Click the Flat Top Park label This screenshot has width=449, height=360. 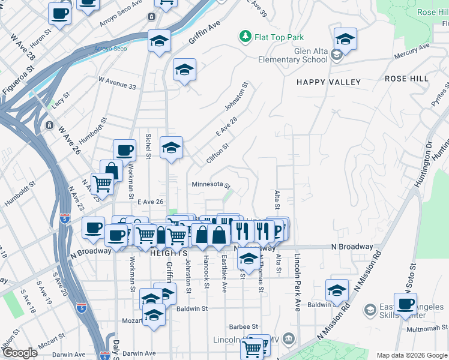coord(279,37)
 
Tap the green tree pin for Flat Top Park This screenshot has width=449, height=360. coord(245,37)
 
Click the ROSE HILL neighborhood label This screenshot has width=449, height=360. coord(406,79)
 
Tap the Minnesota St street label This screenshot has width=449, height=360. coord(211,184)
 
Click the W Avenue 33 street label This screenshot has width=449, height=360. coord(116,83)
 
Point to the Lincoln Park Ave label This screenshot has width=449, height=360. coord(297,282)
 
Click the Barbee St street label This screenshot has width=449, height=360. coord(243,327)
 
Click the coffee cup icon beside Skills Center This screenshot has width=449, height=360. coord(405,303)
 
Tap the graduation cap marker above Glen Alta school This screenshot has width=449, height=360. coord(345,39)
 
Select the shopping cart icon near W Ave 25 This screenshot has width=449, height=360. coord(103,182)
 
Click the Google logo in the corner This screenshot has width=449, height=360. coord(20,353)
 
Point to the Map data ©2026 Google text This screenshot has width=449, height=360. coord(411,355)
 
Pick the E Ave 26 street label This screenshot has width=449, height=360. coord(151,202)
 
